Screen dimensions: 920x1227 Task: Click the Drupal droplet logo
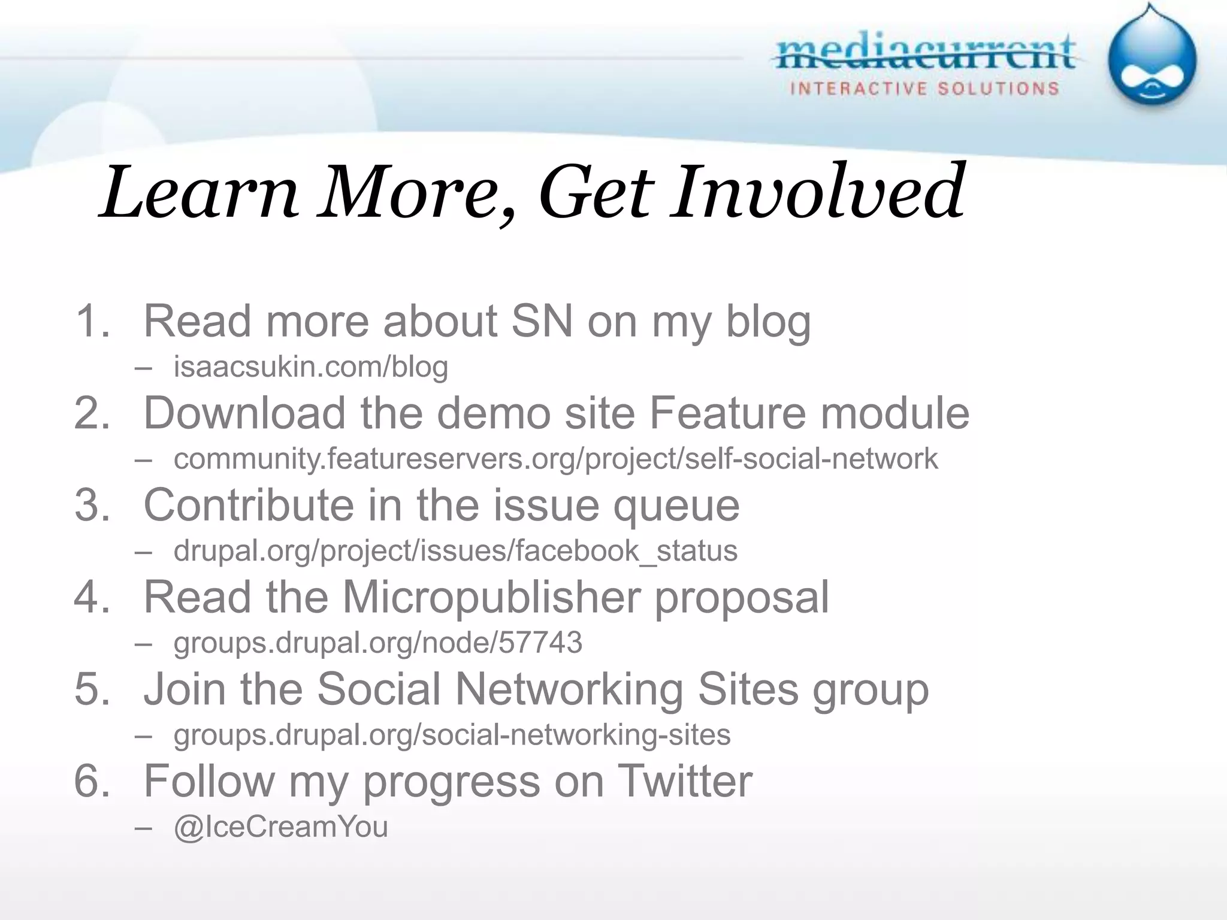tap(1152, 60)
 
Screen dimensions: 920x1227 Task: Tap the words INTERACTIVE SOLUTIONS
tap(924, 89)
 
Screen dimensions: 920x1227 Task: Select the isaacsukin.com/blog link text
tap(310, 367)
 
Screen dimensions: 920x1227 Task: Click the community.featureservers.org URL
tap(555, 459)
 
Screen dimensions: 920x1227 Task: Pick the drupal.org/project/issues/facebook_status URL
tap(455, 550)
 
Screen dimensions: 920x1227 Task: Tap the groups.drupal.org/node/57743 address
tap(377, 643)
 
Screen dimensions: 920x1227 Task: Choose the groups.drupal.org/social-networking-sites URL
tap(452, 734)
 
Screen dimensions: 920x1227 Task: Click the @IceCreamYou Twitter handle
tap(280, 827)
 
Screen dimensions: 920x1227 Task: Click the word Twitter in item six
tap(684, 781)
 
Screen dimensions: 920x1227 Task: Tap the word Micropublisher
tap(491, 597)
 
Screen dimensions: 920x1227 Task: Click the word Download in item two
tap(244, 413)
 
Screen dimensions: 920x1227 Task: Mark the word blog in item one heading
tap(768, 322)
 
